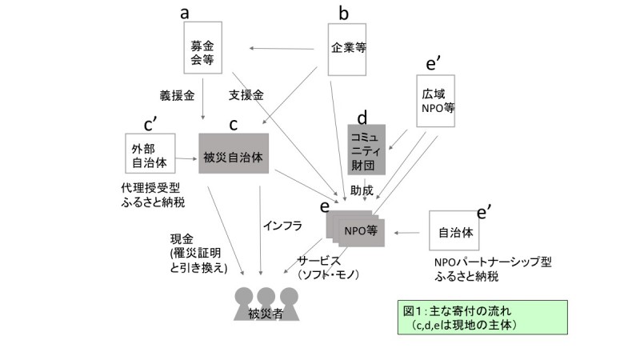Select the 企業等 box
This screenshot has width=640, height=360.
[x=348, y=49]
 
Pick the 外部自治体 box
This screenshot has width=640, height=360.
[x=150, y=154]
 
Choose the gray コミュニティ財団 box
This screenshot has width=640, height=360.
[x=366, y=150]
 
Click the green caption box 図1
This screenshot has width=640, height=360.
[x=458, y=318]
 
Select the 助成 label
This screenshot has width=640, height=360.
[x=361, y=190]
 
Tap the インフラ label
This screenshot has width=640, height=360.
[x=282, y=226]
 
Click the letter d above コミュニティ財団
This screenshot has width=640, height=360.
[x=361, y=115]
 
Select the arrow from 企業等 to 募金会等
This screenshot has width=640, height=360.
[x=288, y=49]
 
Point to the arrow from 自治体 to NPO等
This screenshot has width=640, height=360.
[x=409, y=233]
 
